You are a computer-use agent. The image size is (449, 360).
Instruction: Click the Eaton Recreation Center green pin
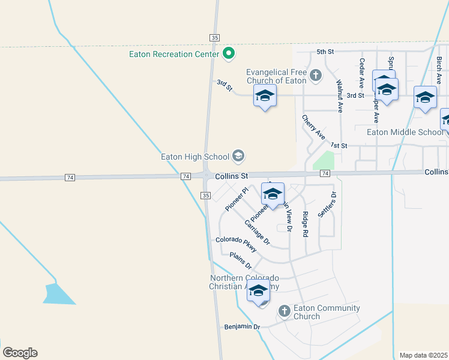(228, 54)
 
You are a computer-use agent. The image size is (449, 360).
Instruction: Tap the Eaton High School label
(195, 157)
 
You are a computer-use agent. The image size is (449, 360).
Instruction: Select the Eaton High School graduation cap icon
(238, 157)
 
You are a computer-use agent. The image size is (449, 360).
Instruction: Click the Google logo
(20, 353)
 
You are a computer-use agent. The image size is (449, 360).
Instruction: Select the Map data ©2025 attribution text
(423, 355)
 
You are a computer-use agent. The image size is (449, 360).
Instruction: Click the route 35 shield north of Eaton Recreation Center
(214, 37)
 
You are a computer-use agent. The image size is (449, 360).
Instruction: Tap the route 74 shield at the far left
(70, 178)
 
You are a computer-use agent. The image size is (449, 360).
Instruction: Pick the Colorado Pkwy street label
(236, 244)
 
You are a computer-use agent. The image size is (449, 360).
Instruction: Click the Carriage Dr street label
(258, 233)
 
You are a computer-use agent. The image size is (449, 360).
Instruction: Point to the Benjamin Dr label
(242, 327)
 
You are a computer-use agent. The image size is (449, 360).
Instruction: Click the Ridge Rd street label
(306, 223)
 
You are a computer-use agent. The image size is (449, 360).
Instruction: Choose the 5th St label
(325, 52)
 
